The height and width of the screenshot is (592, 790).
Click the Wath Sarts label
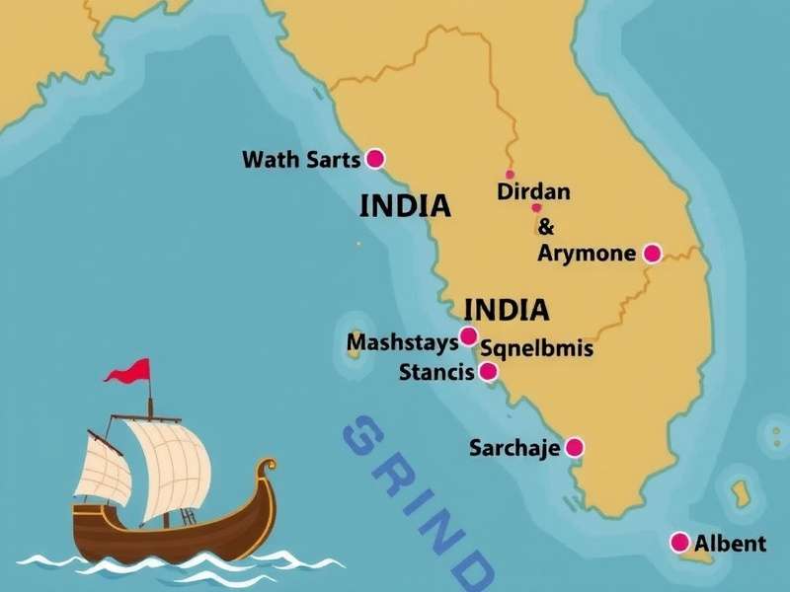(x=300, y=159)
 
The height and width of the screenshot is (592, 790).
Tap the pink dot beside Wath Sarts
(x=375, y=158)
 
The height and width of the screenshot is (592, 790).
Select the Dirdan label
(x=533, y=192)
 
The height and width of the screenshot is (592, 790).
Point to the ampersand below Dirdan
(x=546, y=227)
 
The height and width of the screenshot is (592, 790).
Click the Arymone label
(x=587, y=254)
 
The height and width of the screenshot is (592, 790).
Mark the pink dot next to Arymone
(x=652, y=254)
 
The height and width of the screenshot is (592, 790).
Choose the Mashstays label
(x=403, y=343)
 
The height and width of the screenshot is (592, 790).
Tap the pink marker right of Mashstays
(x=469, y=336)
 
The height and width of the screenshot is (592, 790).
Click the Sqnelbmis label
(x=536, y=348)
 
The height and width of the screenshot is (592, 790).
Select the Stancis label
(x=436, y=373)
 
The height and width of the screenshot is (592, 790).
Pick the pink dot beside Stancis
(x=488, y=372)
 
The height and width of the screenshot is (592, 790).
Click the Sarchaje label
(x=514, y=449)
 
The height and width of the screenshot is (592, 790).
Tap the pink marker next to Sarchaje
(x=574, y=448)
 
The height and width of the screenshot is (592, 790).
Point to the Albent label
(x=730, y=543)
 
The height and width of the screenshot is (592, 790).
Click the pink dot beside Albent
(x=679, y=542)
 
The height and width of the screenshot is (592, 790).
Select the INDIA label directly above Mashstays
(x=506, y=310)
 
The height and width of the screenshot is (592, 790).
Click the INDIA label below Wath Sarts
(x=405, y=206)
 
